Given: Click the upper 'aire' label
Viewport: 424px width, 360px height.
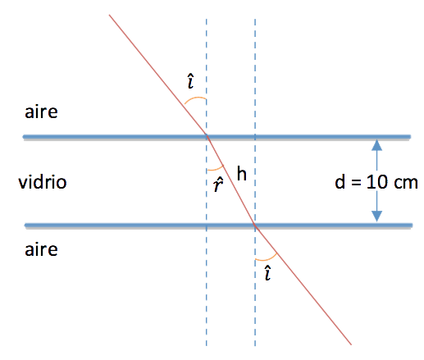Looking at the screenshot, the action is tap(41, 112).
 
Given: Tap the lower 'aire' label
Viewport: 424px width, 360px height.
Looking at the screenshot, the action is tap(41, 249).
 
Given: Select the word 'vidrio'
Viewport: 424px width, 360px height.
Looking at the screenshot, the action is tap(43, 181).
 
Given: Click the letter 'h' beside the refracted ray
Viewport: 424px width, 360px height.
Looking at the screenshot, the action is tap(242, 173).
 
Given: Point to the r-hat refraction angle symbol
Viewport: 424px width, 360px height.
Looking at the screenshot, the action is tap(218, 184).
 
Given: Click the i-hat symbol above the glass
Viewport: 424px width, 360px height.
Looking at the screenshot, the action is tap(191, 81).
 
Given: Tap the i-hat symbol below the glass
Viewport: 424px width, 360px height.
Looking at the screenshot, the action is tap(268, 272).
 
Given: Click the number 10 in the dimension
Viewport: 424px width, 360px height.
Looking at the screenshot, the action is tap(377, 182).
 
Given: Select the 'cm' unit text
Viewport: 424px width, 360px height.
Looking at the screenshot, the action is tap(405, 183).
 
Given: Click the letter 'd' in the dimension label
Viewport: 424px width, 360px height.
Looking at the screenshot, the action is tap(340, 181).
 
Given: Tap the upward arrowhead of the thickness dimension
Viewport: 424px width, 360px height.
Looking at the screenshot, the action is tap(376, 145).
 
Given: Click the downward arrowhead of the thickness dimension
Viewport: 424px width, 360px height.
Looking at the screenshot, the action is tap(376, 216).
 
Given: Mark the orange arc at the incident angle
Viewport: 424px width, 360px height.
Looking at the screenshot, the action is tap(194, 98).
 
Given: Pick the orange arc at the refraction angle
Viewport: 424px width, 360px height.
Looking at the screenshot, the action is tap(216, 169).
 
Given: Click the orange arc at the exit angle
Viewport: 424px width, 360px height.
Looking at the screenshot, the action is tap(267, 259).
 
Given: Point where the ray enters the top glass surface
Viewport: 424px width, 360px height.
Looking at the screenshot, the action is tap(207, 136).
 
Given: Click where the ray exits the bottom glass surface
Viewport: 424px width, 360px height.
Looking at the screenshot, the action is tap(255, 225).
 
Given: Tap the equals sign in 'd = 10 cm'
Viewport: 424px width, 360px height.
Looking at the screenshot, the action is tap(356, 183).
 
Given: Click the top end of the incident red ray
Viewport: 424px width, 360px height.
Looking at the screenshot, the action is tap(109, 15).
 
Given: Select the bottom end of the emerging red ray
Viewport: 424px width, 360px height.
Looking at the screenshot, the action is tap(351, 344).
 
